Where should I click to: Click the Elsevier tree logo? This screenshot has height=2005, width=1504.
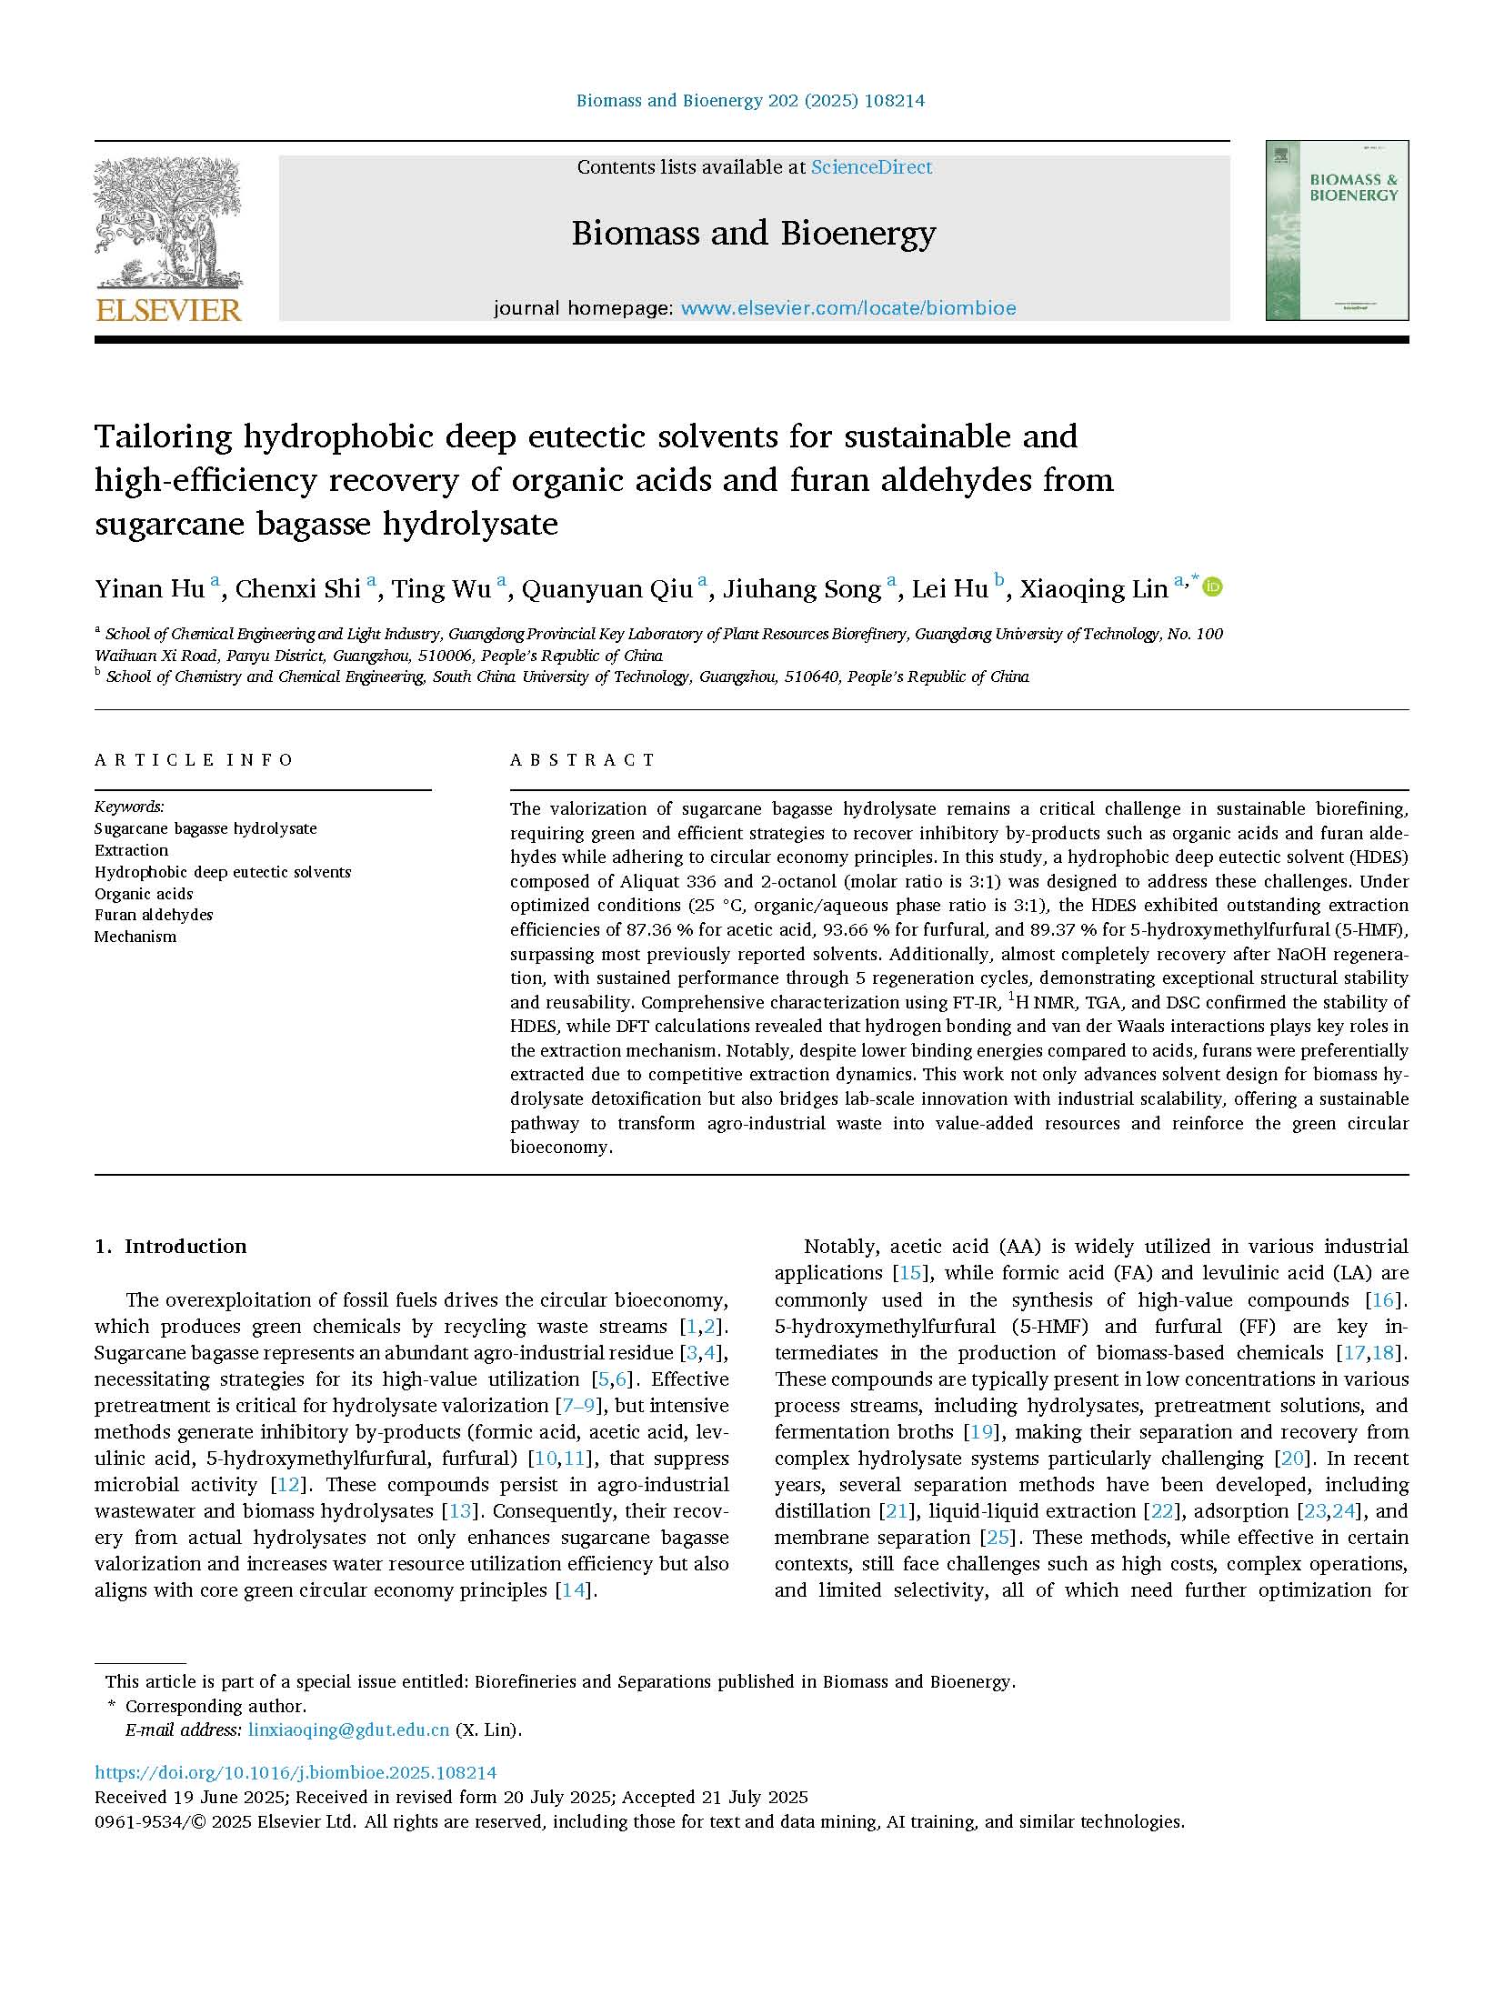(x=167, y=223)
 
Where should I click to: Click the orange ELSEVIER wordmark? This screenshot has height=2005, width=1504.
(x=168, y=310)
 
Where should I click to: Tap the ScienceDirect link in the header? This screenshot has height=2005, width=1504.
(x=871, y=167)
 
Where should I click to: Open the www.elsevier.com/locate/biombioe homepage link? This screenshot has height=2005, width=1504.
(x=847, y=308)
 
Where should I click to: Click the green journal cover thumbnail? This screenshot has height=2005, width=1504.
(x=1336, y=230)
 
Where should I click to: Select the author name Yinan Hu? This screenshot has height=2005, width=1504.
(x=150, y=589)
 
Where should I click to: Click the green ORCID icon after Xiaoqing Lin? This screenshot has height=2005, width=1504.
(x=1212, y=586)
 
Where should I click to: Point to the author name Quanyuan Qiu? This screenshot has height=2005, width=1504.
(x=607, y=589)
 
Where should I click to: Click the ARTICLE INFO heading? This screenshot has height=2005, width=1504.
(x=194, y=760)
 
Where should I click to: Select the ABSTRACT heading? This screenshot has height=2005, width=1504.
(x=583, y=760)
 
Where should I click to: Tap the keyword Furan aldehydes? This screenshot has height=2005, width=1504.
(x=154, y=915)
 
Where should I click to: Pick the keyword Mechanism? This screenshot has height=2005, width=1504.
(x=135, y=937)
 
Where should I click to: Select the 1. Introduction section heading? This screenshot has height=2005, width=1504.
(x=171, y=1246)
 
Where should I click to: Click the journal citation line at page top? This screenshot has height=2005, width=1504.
(x=750, y=101)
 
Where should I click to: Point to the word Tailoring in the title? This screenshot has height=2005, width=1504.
(x=164, y=437)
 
